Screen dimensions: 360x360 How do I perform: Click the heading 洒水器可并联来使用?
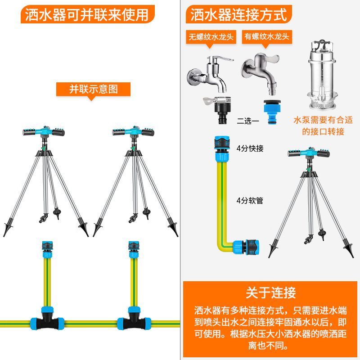87,14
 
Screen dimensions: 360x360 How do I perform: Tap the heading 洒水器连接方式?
239,14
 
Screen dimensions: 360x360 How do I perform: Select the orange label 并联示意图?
93,89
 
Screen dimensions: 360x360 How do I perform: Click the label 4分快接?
250,148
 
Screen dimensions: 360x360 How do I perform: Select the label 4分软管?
250,200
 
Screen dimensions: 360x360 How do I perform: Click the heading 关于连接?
270,292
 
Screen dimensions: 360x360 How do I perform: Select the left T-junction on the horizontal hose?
44,319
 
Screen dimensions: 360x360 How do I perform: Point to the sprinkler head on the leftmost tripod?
44,132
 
